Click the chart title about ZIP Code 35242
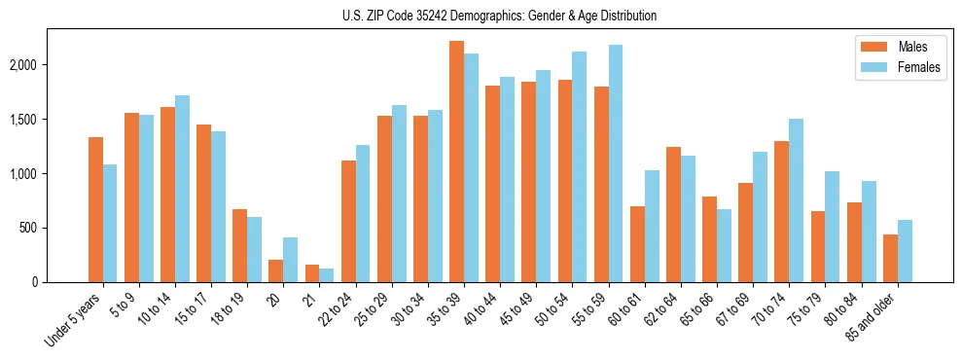500,16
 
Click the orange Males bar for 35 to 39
456,162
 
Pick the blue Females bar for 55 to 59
616,163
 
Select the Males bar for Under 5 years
95,209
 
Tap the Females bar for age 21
326,275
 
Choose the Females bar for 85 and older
905,251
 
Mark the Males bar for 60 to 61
637,244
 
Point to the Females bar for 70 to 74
796,200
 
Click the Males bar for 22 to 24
348,221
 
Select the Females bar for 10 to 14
182,189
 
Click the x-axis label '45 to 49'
518,310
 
